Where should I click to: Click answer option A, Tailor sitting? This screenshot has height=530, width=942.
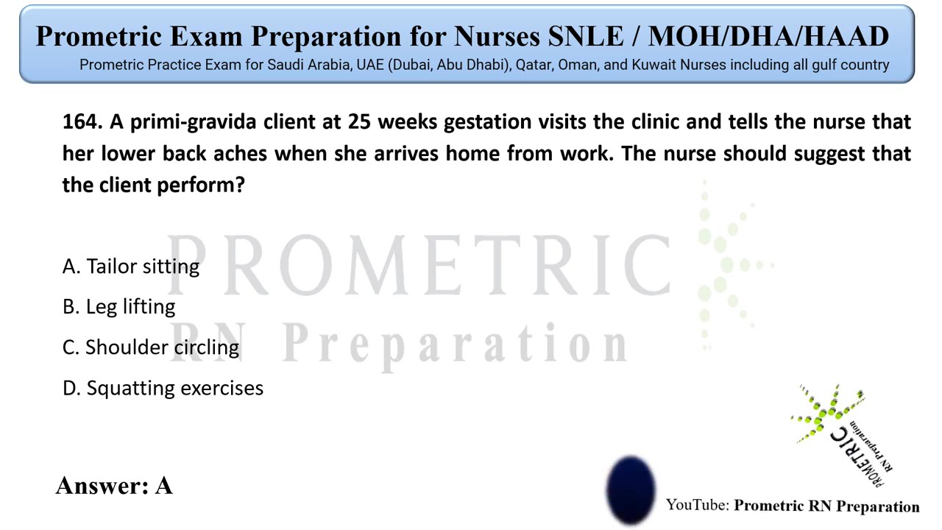point(131,266)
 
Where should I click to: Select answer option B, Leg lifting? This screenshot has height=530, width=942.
point(119,307)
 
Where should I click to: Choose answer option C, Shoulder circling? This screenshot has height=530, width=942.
point(151,347)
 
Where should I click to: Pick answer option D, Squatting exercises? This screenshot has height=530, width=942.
point(163,388)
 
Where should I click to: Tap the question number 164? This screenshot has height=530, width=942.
point(82,122)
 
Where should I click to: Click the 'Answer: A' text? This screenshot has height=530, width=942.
point(114,486)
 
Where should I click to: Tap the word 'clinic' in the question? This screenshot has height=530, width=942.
point(648,122)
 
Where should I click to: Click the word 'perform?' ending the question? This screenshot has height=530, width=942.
point(200,185)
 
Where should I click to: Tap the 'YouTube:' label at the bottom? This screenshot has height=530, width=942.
point(698,506)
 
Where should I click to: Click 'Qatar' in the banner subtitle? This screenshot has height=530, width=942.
point(534,65)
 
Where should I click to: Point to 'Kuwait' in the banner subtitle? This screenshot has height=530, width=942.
point(654,65)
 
